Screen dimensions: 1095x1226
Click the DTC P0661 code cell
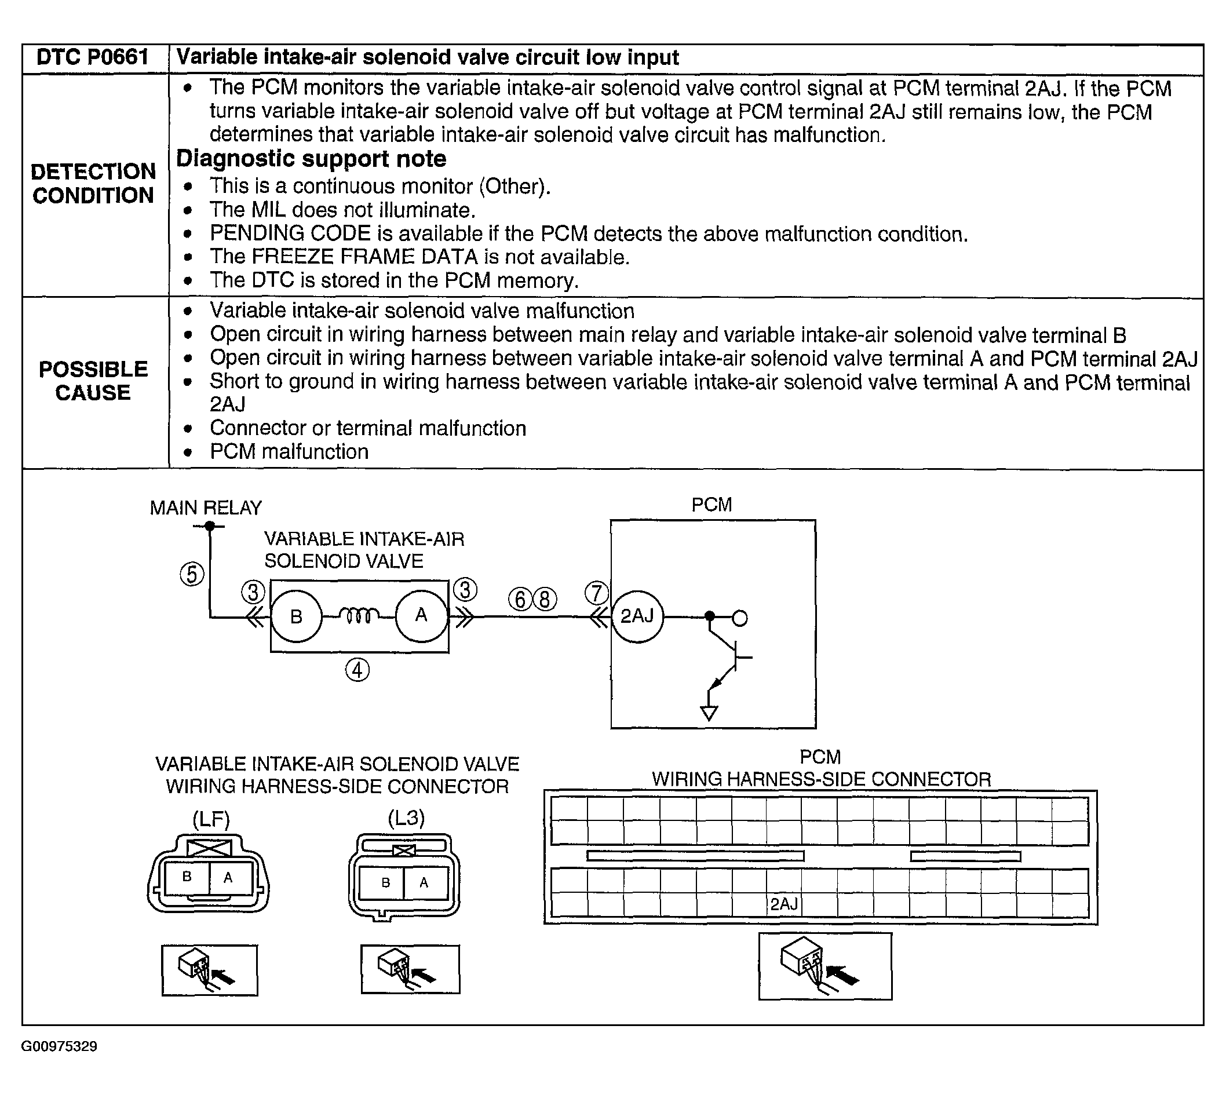click(x=93, y=58)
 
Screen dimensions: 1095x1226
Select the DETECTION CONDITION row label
click(x=93, y=184)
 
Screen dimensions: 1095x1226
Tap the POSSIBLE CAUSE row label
click(x=93, y=381)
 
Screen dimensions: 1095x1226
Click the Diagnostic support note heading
click(x=311, y=159)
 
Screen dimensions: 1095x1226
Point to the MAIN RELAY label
click(x=206, y=508)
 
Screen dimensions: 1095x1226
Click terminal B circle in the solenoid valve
click(x=297, y=616)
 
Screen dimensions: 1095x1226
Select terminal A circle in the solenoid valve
click(x=421, y=616)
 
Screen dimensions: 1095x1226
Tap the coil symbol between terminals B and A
click(x=359, y=615)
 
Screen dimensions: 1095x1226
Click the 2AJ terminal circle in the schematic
click(x=637, y=616)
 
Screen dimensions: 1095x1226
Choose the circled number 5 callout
click(x=192, y=574)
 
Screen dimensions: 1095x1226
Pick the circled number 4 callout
click(x=357, y=670)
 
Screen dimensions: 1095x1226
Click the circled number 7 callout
click(x=596, y=593)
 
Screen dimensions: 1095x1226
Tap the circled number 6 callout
click(x=520, y=599)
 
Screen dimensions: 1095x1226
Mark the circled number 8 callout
click(x=545, y=599)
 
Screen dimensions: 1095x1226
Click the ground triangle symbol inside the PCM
click(x=709, y=714)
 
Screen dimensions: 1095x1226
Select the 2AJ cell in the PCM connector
click(x=784, y=904)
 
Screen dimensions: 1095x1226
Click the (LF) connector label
click(x=210, y=819)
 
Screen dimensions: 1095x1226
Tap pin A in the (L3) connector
click(x=424, y=882)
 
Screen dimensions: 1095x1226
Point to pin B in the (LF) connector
click(x=187, y=877)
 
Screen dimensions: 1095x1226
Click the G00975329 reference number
click(x=60, y=1046)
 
